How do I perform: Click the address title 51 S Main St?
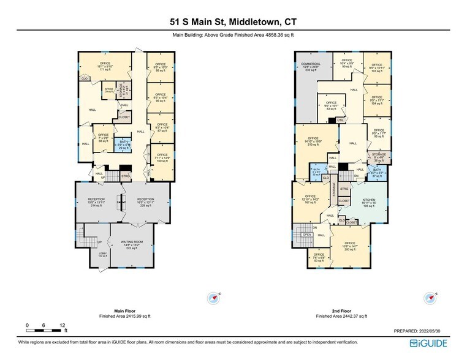[234, 21]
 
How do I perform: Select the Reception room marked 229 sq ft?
[145, 202]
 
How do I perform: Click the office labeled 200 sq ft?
[350, 247]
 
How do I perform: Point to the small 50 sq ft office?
[319, 257]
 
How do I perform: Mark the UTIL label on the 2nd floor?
[341, 120]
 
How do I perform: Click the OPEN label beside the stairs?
[307, 234]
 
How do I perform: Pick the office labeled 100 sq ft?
[162, 158]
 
